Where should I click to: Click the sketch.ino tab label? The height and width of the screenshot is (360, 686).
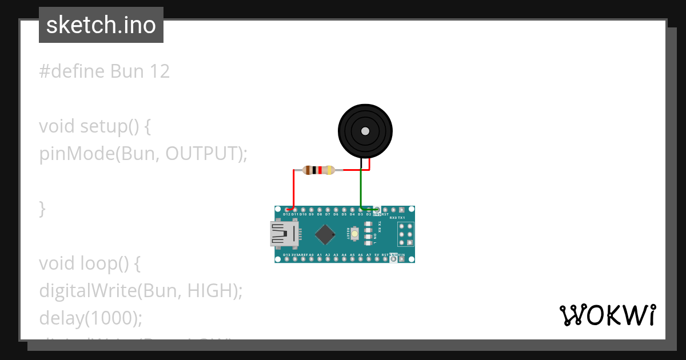click(101, 25)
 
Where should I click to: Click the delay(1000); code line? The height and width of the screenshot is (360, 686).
click(90, 318)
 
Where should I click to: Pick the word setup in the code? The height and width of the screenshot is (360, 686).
click(105, 126)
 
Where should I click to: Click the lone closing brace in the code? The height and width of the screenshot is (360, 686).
click(42, 209)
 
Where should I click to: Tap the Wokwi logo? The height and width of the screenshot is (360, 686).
click(608, 315)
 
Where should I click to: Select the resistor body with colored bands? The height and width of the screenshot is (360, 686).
click(319, 170)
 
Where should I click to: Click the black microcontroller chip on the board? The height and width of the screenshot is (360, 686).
click(325, 234)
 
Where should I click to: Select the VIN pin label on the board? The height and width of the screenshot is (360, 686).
click(402, 255)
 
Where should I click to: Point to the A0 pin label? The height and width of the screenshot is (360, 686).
click(312, 255)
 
